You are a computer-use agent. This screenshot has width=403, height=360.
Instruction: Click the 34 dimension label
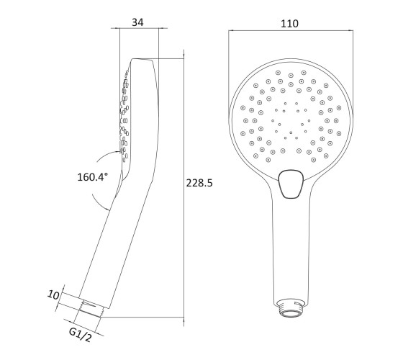(137, 22)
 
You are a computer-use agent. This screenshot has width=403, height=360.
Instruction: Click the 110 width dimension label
(289, 24)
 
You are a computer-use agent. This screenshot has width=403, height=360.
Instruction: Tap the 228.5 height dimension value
(199, 183)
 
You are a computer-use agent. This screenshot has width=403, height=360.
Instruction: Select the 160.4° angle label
(93, 177)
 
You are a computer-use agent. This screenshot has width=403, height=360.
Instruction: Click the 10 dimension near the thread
(53, 295)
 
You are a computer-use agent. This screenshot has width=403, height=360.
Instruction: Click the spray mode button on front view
(291, 184)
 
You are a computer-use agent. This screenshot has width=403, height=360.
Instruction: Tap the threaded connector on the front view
(291, 308)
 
